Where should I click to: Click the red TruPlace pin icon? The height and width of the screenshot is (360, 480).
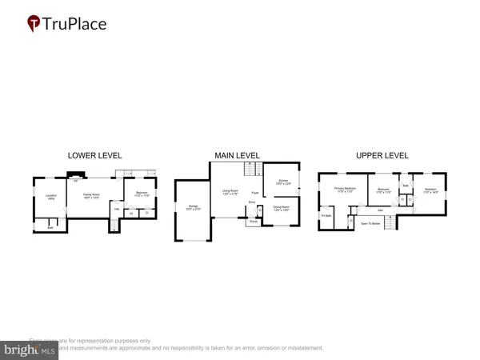tap(34, 24)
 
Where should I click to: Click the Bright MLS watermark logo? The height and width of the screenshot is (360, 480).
tap(30, 350)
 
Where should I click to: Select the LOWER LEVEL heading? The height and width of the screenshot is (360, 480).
tap(94, 155)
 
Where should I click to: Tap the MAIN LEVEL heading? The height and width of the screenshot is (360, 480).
tap(237, 155)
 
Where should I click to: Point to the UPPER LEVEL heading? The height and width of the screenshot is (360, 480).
tap(382, 155)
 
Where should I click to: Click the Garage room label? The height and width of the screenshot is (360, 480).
tap(192, 207)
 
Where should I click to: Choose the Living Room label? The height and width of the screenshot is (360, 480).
tap(230, 191)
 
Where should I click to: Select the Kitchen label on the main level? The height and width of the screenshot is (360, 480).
tap(282, 182)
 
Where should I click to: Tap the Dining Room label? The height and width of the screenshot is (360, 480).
tap(282, 207)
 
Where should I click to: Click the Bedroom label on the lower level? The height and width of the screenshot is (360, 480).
tap(142, 194)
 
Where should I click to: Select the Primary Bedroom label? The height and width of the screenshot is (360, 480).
tap(345, 190)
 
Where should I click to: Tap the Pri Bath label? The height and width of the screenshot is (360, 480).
tap(326, 216)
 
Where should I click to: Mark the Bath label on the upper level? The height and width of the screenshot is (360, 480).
tap(406, 186)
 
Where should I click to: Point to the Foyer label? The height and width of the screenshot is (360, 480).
tap(255, 193)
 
